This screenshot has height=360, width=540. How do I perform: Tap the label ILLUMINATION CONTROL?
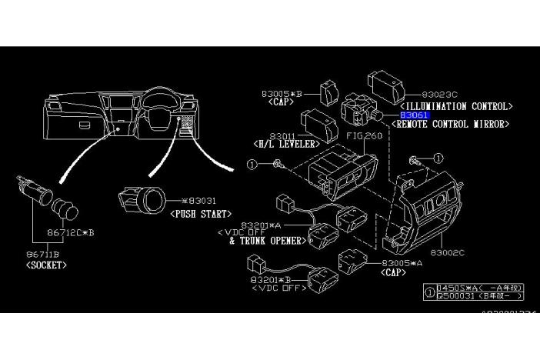456,105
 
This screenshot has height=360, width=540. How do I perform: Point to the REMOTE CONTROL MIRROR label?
451,124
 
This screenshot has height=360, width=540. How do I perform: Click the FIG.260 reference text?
364,135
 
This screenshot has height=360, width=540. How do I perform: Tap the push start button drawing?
142,202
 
